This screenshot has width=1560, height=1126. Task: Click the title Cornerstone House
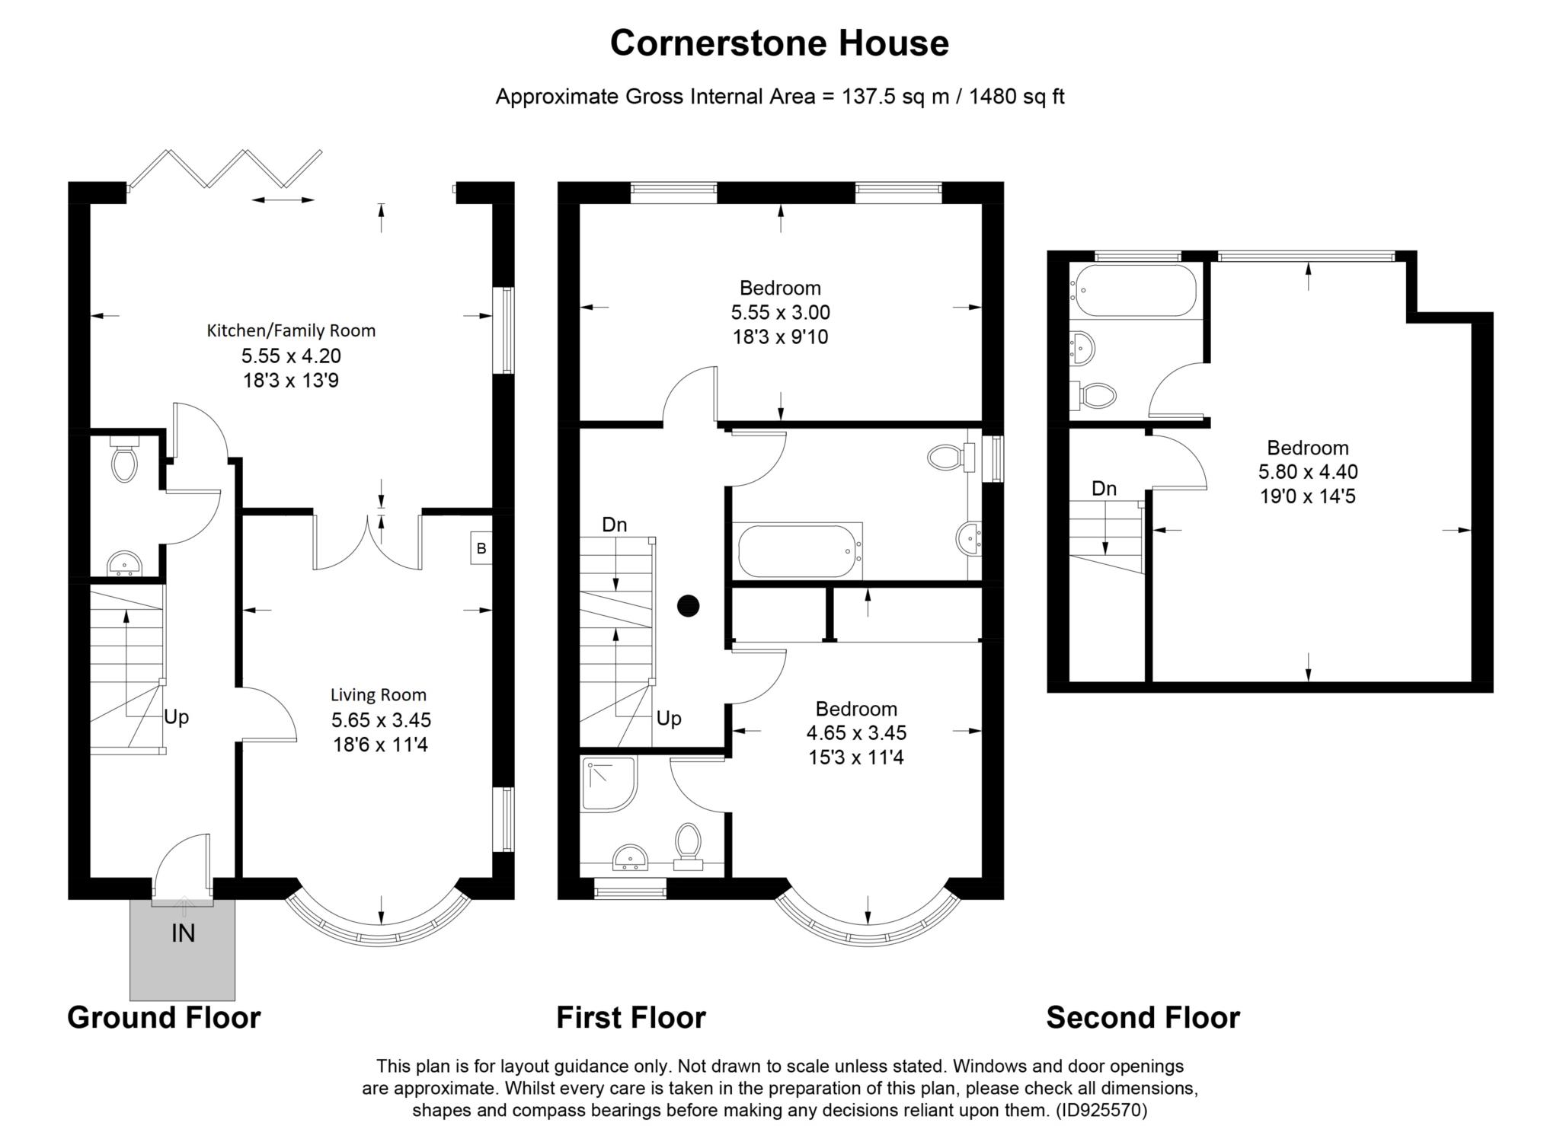pyautogui.click(x=779, y=43)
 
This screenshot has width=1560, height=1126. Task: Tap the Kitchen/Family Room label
pyautogui.click(x=291, y=330)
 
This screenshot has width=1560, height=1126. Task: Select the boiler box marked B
pyautogui.click(x=481, y=548)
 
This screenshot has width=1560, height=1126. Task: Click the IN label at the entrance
pyautogui.click(x=183, y=933)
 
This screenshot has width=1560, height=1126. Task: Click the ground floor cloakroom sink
pyautogui.click(x=123, y=564)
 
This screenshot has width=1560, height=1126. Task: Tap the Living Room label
pyautogui.click(x=378, y=694)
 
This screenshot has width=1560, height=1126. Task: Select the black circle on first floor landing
pyautogui.click(x=689, y=605)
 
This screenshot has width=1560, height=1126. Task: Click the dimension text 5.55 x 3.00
pyautogui.click(x=780, y=312)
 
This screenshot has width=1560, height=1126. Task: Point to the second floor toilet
pyautogui.click(x=1095, y=395)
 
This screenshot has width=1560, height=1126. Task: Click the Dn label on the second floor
pyautogui.click(x=1104, y=489)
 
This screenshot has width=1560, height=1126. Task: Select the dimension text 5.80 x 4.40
pyautogui.click(x=1307, y=472)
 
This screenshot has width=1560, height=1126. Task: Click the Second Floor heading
pyautogui.click(x=1143, y=1017)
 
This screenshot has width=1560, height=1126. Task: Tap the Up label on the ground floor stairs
pyautogui.click(x=177, y=717)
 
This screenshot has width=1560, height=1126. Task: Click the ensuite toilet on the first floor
pyautogui.click(x=689, y=844)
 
